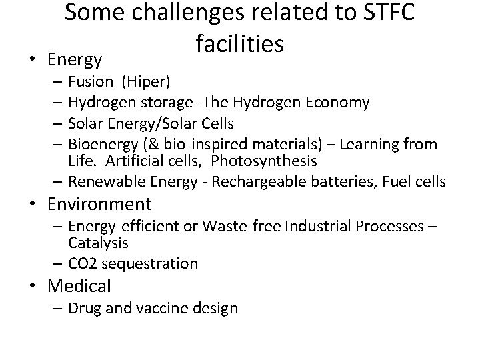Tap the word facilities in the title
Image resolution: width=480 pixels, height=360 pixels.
point(241,44)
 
